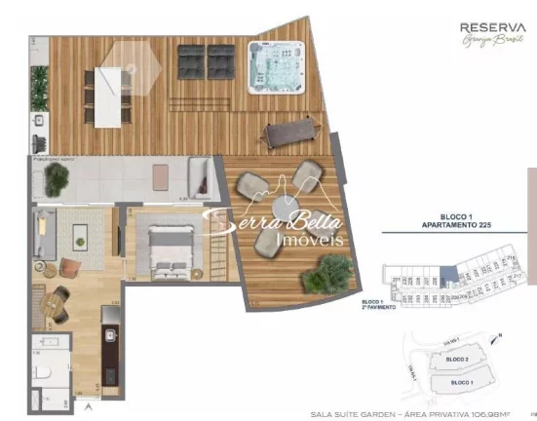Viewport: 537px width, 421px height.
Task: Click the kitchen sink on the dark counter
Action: pos(110,336)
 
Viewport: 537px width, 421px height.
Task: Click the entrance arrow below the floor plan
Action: pos(89,402)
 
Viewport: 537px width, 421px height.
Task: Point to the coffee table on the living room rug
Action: pos(79,233)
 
